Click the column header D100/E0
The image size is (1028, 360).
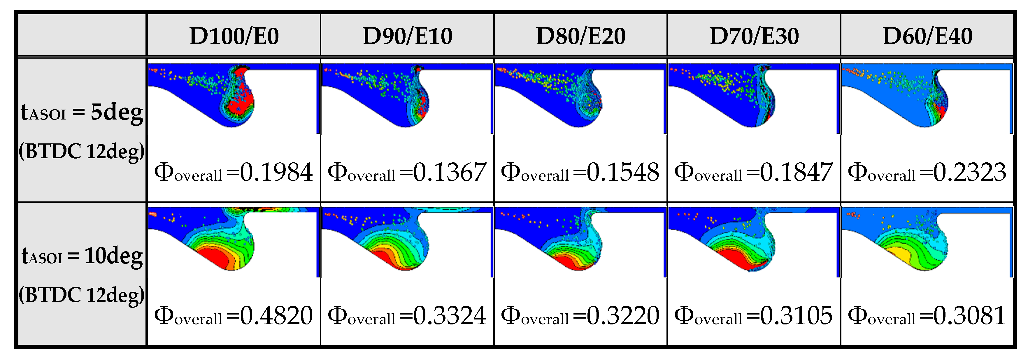(x=234, y=36)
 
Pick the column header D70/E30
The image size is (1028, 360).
(x=754, y=36)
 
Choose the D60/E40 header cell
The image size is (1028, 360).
(x=927, y=36)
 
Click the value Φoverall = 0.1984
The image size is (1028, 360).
(x=234, y=172)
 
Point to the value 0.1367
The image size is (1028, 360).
(x=449, y=172)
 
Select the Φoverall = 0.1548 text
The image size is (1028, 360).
(x=580, y=172)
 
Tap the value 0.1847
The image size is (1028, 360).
(x=796, y=172)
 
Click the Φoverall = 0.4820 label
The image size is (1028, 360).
(x=234, y=316)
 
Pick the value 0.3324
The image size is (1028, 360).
(x=449, y=316)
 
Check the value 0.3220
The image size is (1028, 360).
(x=622, y=316)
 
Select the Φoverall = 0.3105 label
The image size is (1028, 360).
(x=753, y=316)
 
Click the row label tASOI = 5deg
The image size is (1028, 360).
(x=82, y=112)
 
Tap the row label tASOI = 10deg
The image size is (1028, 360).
(x=82, y=256)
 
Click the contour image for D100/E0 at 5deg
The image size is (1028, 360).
(x=234, y=98)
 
